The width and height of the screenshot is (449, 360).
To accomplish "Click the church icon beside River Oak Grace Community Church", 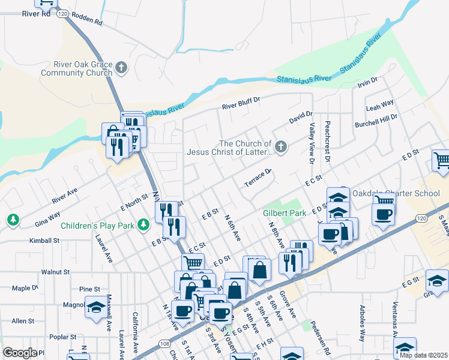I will click(x=122, y=67).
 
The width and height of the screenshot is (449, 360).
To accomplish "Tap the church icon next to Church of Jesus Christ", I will click(x=280, y=146).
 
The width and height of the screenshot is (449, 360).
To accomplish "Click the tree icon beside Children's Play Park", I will click(x=143, y=225).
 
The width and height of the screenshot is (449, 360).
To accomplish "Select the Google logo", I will click(x=20, y=353).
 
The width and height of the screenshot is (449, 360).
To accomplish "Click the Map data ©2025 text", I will click(x=423, y=355).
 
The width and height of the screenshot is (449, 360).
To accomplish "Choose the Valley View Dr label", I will click(x=312, y=144).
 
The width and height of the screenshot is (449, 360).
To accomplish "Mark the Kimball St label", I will click(x=45, y=240).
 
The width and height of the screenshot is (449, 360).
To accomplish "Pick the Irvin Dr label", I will click(x=367, y=80).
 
